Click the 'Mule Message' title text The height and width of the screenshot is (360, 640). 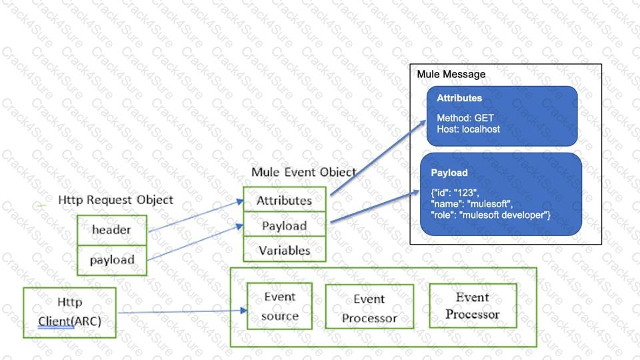(x=451, y=74)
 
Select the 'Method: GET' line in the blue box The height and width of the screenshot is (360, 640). (x=465, y=118)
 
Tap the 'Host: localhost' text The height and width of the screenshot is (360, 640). (x=468, y=129)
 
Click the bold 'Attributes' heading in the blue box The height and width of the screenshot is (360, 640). (x=459, y=98)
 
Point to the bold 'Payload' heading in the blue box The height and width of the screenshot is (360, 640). (x=449, y=173)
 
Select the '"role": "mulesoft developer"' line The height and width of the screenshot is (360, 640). (x=491, y=214)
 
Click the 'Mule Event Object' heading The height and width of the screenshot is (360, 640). (x=303, y=172)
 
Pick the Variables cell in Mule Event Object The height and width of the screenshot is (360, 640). (x=285, y=251)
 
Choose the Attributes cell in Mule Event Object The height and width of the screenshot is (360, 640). (x=285, y=200)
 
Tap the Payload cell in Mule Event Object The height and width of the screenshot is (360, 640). (x=284, y=225)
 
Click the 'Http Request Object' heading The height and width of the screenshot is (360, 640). (x=115, y=199)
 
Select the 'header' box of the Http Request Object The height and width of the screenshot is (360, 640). (x=111, y=230)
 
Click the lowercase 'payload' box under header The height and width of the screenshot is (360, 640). (x=111, y=260)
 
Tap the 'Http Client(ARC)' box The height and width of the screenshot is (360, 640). (x=69, y=312)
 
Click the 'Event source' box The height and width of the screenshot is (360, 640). (x=279, y=306)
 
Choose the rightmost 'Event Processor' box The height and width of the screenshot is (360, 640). (x=472, y=305)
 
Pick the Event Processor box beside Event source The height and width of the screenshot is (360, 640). (x=369, y=308)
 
